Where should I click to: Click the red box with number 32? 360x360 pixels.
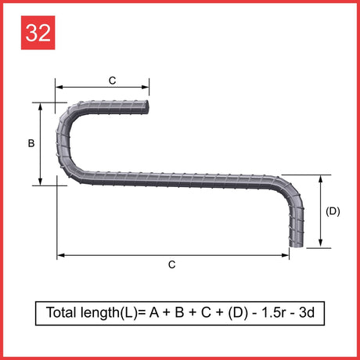coord(38,33)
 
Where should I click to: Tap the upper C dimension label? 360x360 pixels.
coord(113,81)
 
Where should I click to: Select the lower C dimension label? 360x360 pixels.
coord(172,265)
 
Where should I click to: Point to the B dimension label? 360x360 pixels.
coord(31,143)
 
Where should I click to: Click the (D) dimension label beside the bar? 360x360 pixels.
coord(333,211)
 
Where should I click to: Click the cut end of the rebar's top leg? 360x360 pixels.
coord(146,107)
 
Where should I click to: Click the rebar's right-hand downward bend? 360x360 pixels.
coord(292,189)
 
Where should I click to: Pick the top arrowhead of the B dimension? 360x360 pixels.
coord(40,106)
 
